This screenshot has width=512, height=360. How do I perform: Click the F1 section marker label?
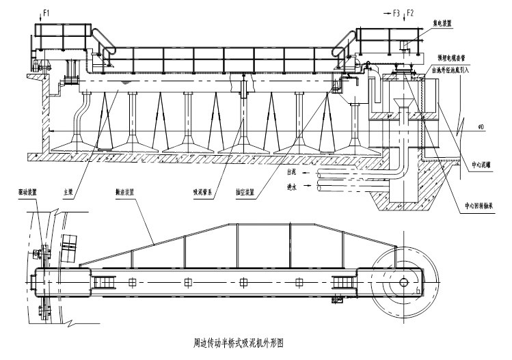pos(46,12)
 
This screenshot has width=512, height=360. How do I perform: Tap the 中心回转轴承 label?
pos(479,204)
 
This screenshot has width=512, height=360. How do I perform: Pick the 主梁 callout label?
pos(68,193)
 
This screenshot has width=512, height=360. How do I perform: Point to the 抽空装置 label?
pos(243,193)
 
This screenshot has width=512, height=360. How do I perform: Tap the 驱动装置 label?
pos(27,192)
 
